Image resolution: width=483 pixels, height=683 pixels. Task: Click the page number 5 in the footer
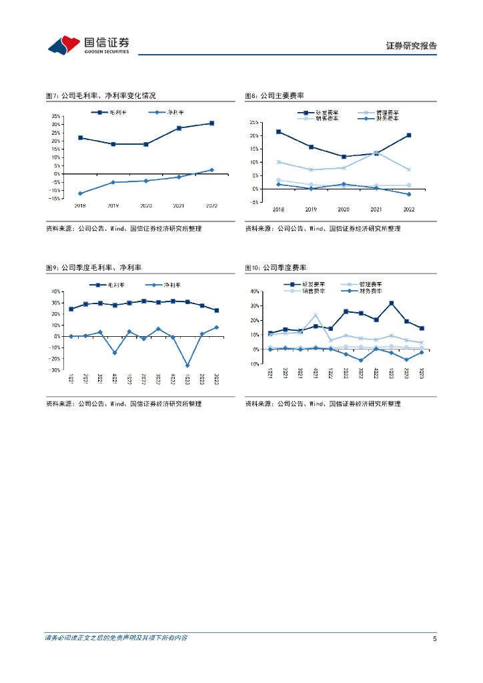click(x=434, y=638)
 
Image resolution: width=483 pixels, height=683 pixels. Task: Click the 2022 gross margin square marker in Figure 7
click(x=211, y=123)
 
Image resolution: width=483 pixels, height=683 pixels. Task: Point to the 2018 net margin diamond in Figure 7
click(x=80, y=193)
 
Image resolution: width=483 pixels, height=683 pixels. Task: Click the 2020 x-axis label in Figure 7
click(x=145, y=205)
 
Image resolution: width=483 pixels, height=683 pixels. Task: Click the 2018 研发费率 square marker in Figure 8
click(x=278, y=131)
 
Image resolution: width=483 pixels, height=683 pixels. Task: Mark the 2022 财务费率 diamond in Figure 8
click(x=409, y=194)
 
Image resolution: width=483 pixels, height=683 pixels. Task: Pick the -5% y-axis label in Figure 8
click(x=255, y=202)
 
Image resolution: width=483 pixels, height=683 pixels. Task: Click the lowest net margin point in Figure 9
click(x=187, y=366)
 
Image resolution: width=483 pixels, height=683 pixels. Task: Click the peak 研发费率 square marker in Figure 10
click(x=391, y=303)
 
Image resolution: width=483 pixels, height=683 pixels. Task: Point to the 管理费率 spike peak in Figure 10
click(x=315, y=315)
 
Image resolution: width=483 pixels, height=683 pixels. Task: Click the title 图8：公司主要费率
click(x=274, y=97)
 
